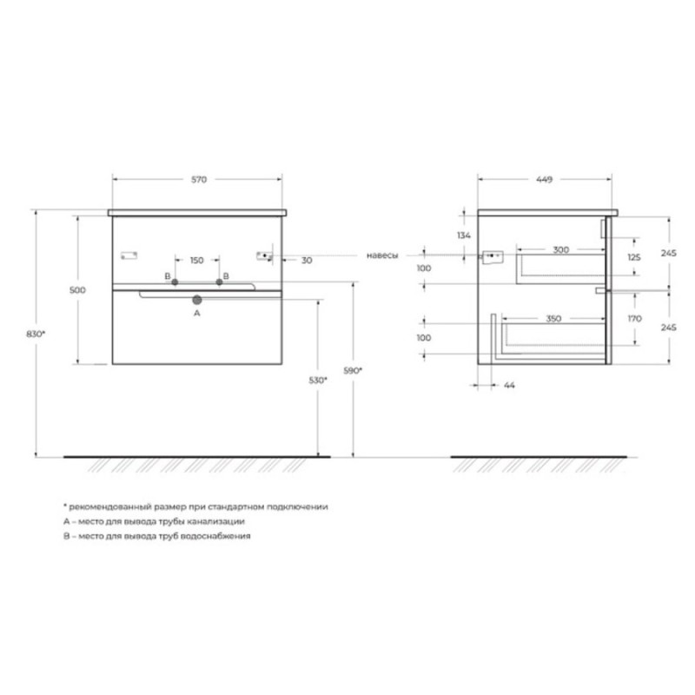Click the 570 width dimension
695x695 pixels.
[199, 180]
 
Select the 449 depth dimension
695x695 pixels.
[544, 180]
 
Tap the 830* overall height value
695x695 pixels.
[36, 334]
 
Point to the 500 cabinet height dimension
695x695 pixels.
[77, 290]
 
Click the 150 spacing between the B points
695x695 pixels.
[197, 260]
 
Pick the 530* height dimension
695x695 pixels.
[318, 380]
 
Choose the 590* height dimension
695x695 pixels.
[353, 371]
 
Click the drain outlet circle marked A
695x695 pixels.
[197, 300]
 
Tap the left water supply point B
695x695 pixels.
[175, 281]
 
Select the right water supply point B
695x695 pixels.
[219, 281]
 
